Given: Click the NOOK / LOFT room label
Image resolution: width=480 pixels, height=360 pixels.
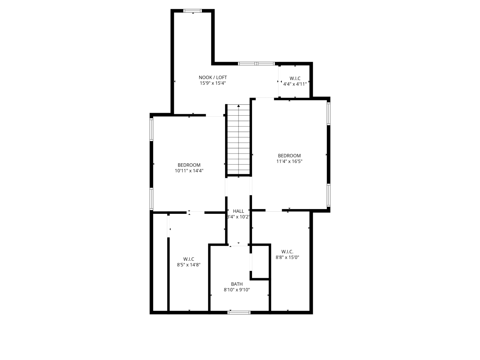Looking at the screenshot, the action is (x=213, y=77).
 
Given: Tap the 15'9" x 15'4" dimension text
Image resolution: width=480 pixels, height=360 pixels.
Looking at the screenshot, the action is (x=213, y=83).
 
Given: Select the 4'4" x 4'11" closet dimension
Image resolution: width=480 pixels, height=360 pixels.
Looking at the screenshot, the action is (x=295, y=84).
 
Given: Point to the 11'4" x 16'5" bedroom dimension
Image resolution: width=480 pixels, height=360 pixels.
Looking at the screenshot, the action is (x=289, y=161).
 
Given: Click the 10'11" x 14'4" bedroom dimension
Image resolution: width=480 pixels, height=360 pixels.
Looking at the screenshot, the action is (x=189, y=171).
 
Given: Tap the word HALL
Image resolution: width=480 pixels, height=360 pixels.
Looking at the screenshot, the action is (x=238, y=211).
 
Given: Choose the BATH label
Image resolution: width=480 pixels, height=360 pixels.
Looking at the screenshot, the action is (x=237, y=284).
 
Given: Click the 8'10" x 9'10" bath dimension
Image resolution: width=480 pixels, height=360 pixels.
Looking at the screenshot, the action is (x=237, y=290).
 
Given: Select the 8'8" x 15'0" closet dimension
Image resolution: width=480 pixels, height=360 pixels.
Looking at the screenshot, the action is (x=287, y=257).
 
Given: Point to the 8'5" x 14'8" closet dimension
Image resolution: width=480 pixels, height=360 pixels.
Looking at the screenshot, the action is (x=188, y=265).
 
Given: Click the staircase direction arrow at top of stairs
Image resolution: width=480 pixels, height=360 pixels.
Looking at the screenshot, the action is (x=239, y=106).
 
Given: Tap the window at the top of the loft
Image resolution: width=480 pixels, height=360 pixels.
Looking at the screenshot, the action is (x=192, y=11).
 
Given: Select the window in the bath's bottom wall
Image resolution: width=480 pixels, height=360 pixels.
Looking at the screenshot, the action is (x=239, y=313).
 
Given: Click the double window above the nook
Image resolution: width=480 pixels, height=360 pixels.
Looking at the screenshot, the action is (x=256, y=64).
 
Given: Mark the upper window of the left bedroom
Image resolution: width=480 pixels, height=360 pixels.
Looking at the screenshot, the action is (x=151, y=129).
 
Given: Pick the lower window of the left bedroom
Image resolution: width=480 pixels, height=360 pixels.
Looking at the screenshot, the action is (x=151, y=199).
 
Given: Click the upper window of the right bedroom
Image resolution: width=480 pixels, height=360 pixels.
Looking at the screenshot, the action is (x=328, y=114).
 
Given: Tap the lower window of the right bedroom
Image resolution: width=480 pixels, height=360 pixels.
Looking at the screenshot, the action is (x=328, y=195).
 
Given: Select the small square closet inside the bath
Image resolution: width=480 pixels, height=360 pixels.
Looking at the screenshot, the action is (x=260, y=262).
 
